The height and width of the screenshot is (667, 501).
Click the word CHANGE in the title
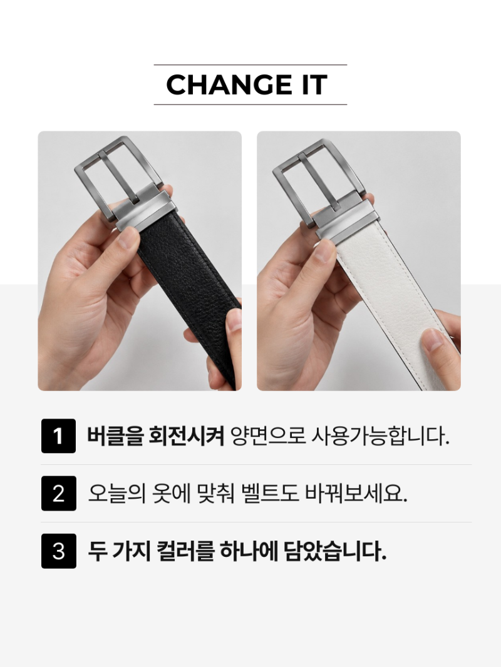click(x=225, y=84)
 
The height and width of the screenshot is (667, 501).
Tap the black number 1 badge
click(x=58, y=436)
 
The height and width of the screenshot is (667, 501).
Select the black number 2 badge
click(x=58, y=494)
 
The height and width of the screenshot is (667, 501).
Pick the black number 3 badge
click(x=58, y=551)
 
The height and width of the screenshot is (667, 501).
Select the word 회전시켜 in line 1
click(x=186, y=436)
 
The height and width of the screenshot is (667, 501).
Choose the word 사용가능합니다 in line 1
click(x=381, y=436)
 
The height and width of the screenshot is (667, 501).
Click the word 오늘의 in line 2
click(x=117, y=494)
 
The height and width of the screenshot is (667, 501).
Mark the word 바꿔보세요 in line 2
click(x=356, y=494)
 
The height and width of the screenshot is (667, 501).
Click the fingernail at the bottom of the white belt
click(x=433, y=340)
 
